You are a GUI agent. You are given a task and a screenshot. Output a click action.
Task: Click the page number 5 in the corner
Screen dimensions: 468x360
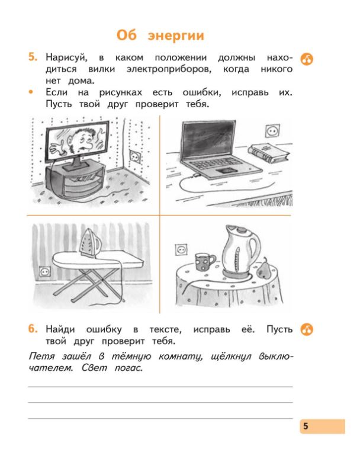pos(306,427)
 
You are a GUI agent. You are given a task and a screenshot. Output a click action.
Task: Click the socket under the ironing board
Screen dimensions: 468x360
pos(44,271)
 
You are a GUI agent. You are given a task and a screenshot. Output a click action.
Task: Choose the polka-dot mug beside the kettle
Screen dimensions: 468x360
pos(204,260)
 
